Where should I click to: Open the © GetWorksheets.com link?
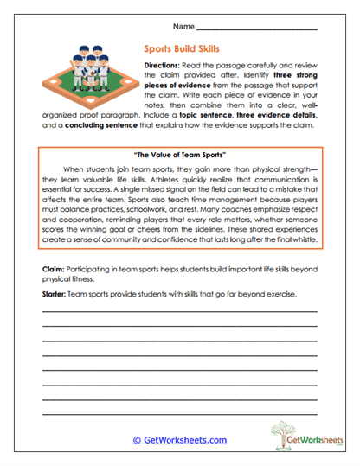pyautogui.click(x=179, y=440)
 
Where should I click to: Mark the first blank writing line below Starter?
pyautogui.click(x=179, y=311)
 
